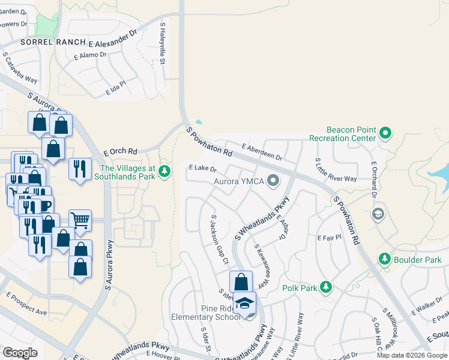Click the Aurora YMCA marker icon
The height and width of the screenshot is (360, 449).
(274, 180)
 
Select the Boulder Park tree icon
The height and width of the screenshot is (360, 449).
(384, 259)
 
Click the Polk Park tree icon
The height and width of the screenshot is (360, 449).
(326, 287)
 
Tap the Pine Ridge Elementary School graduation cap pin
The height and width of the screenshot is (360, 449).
(245, 304)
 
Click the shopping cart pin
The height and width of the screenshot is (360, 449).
(80, 220)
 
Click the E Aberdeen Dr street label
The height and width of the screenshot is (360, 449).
(262, 152)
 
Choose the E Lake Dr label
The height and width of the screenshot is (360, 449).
(202, 169)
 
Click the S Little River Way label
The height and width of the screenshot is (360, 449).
(336, 170)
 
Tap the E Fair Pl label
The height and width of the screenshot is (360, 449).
(329, 238)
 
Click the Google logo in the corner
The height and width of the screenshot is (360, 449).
(20, 353)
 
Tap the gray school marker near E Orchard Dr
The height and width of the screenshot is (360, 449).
(378, 214)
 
